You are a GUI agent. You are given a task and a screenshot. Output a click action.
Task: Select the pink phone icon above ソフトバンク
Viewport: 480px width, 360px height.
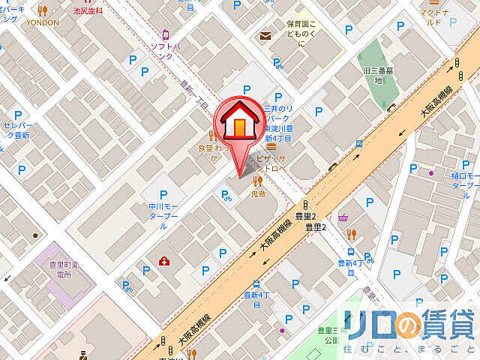tap(166, 34)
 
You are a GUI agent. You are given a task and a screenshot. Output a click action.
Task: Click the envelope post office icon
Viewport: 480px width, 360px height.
tap(265, 35)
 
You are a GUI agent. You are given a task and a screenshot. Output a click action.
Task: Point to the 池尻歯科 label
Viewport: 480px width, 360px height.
tap(87, 12)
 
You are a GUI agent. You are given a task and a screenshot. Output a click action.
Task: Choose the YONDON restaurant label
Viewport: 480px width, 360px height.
tap(43, 22)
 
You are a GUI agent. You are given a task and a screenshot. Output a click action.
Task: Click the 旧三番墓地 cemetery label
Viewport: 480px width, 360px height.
tap(373, 75)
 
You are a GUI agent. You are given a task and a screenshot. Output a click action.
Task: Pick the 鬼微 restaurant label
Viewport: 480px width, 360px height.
tap(258, 193)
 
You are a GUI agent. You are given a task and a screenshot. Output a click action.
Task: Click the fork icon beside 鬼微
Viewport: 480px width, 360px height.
tap(257, 180)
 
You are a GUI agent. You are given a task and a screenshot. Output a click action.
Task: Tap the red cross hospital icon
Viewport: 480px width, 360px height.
tap(163, 261)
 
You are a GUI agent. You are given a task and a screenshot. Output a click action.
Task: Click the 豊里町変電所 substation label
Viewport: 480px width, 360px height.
tap(56, 269)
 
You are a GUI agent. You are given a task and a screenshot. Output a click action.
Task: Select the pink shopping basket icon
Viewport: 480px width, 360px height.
tap(343, 217)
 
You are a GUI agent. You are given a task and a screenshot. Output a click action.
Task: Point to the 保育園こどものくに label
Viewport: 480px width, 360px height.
tap(301, 33)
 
